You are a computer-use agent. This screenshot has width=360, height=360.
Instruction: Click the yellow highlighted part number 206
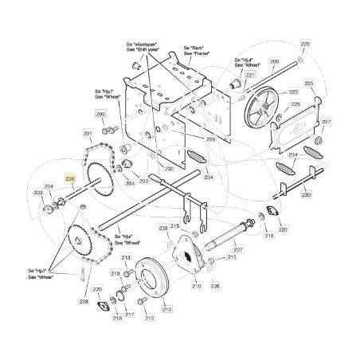[69, 179]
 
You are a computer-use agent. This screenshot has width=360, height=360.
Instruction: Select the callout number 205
[100, 114]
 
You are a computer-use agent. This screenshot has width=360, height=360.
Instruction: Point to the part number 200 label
[275, 61]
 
